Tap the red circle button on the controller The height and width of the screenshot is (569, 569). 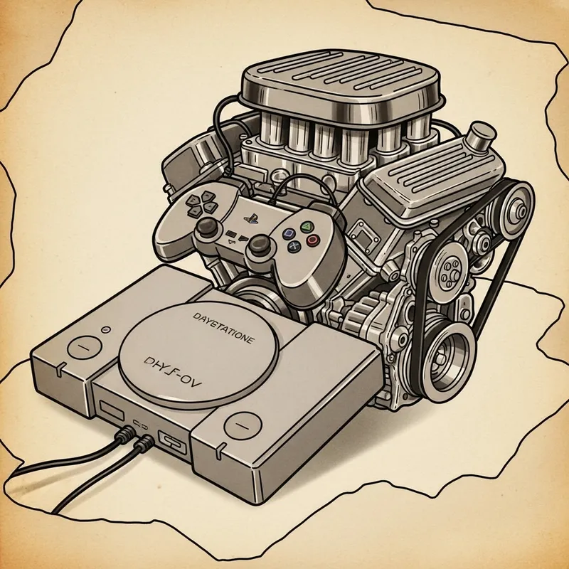click(x=313, y=240)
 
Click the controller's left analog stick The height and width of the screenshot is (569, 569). click(x=207, y=227)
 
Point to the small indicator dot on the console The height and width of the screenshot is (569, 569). click(x=105, y=329)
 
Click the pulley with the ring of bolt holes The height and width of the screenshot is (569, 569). click(x=450, y=270)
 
